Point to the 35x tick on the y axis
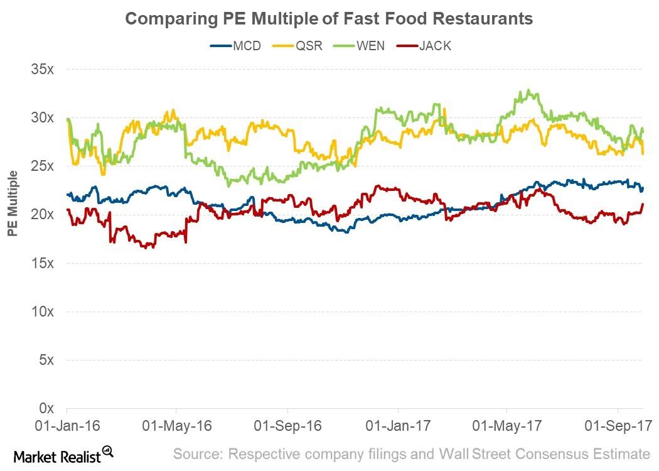click(44, 69)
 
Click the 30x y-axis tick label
click(44, 117)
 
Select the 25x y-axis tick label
click(44, 166)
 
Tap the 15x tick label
click(44, 263)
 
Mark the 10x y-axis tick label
click(44, 311)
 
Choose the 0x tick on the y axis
click(48, 408)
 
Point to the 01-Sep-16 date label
click(287, 426)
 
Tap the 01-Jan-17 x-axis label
click(398, 426)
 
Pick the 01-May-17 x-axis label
click(507, 426)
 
